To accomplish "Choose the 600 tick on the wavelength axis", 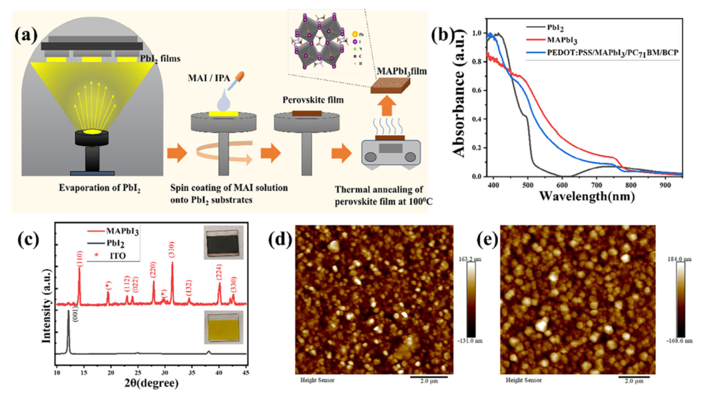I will (x=563, y=186).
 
